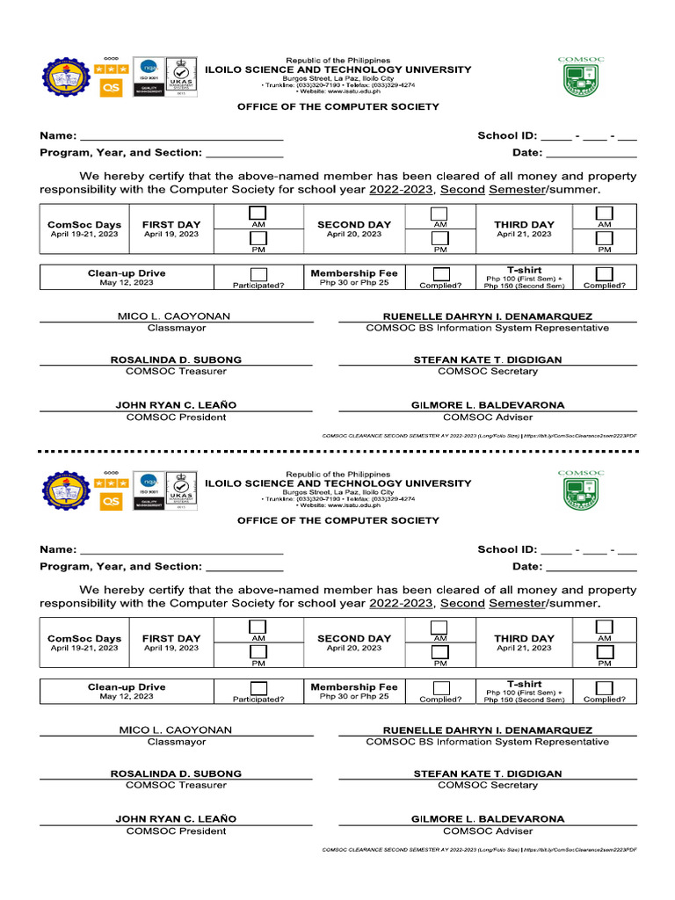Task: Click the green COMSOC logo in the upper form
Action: [581, 76]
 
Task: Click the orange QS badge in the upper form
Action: [112, 87]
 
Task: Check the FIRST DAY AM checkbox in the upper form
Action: [258, 214]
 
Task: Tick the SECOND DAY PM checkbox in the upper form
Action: [439, 238]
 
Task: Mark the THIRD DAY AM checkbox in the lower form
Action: [605, 627]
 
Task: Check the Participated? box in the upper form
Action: [258, 274]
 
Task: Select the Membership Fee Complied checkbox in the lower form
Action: [440, 688]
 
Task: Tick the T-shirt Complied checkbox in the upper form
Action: [605, 274]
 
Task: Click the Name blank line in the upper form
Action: [181, 137]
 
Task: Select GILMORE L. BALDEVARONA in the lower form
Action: [488, 819]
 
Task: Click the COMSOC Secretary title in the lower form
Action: [488, 785]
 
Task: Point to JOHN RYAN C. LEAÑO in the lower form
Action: [176, 819]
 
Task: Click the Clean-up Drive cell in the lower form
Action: [127, 692]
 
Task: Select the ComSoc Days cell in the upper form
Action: [84, 229]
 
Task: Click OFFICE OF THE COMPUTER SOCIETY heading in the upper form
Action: [337, 106]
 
